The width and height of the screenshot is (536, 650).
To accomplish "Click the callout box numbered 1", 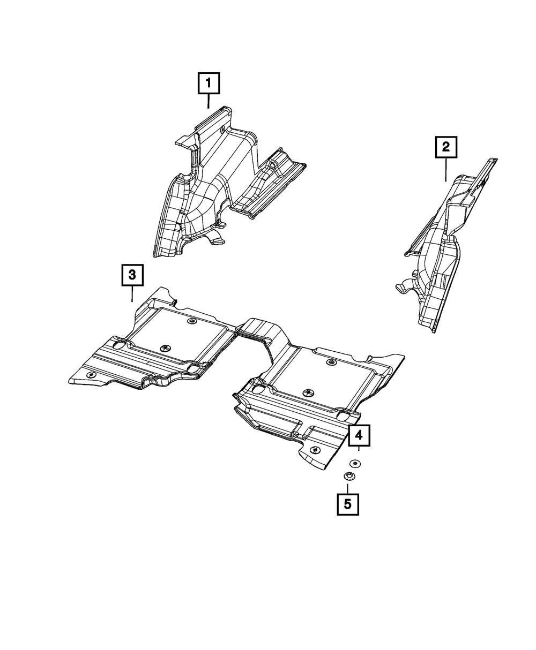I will [209, 83].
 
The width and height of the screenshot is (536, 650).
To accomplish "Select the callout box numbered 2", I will [446, 147].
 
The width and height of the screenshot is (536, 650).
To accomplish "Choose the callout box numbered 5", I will [347, 504].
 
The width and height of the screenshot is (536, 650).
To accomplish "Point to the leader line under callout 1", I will [209, 101].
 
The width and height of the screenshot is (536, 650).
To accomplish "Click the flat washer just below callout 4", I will [354, 463].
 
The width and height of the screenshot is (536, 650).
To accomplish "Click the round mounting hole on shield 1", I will [222, 130].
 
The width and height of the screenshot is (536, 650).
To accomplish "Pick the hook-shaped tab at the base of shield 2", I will [403, 288].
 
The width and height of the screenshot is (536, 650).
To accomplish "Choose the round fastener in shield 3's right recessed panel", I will [331, 364].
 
